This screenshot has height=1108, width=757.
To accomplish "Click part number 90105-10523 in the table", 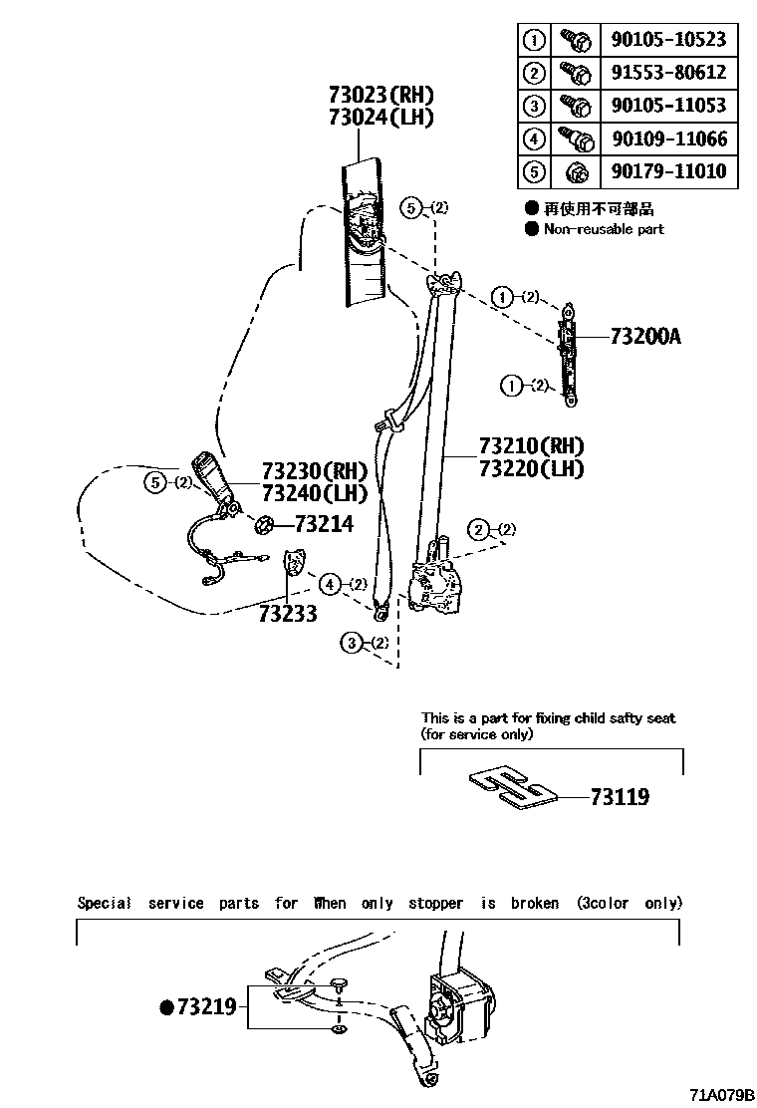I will (667, 40).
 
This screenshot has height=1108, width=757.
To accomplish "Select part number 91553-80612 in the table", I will (667, 73).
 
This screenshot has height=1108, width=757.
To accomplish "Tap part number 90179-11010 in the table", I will (667, 171).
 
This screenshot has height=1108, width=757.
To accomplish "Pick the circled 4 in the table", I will (535, 138).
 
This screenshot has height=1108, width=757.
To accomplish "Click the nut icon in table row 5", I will (575, 172).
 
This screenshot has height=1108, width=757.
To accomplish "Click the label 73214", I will (324, 523).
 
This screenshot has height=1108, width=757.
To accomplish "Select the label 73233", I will (287, 614).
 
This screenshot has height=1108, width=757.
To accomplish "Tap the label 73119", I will (620, 797).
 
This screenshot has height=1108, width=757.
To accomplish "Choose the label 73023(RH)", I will (381, 95).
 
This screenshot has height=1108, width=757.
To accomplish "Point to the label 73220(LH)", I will (531, 468).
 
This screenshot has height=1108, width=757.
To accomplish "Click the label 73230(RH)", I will (315, 470).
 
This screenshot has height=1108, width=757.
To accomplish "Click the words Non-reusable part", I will (604, 229).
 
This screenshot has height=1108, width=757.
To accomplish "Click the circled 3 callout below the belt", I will (352, 643).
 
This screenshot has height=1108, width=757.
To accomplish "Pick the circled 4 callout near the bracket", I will (330, 583).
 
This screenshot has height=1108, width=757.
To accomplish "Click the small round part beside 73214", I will (266, 523).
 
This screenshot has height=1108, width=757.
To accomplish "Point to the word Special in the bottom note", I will (104, 903).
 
